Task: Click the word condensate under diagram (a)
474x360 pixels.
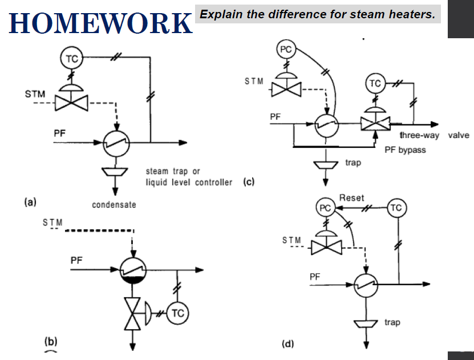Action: [x=114, y=204]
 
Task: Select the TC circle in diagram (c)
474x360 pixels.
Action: [x=375, y=83]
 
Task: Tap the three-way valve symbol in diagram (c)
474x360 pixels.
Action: [x=374, y=124]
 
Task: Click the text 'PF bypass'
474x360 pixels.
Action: [x=405, y=150]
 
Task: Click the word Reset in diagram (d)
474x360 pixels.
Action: [x=351, y=198]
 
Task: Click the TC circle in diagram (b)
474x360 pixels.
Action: [x=178, y=313]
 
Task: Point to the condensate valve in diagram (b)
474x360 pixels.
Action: [x=133, y=313]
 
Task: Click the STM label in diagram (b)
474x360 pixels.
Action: [x=52, y=221]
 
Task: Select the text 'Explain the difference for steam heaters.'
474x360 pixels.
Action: [x=317, y=14]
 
